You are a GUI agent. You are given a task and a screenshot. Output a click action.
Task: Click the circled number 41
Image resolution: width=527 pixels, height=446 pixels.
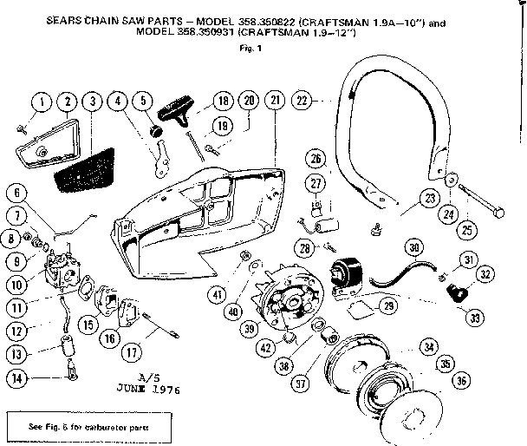pos(218,296)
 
